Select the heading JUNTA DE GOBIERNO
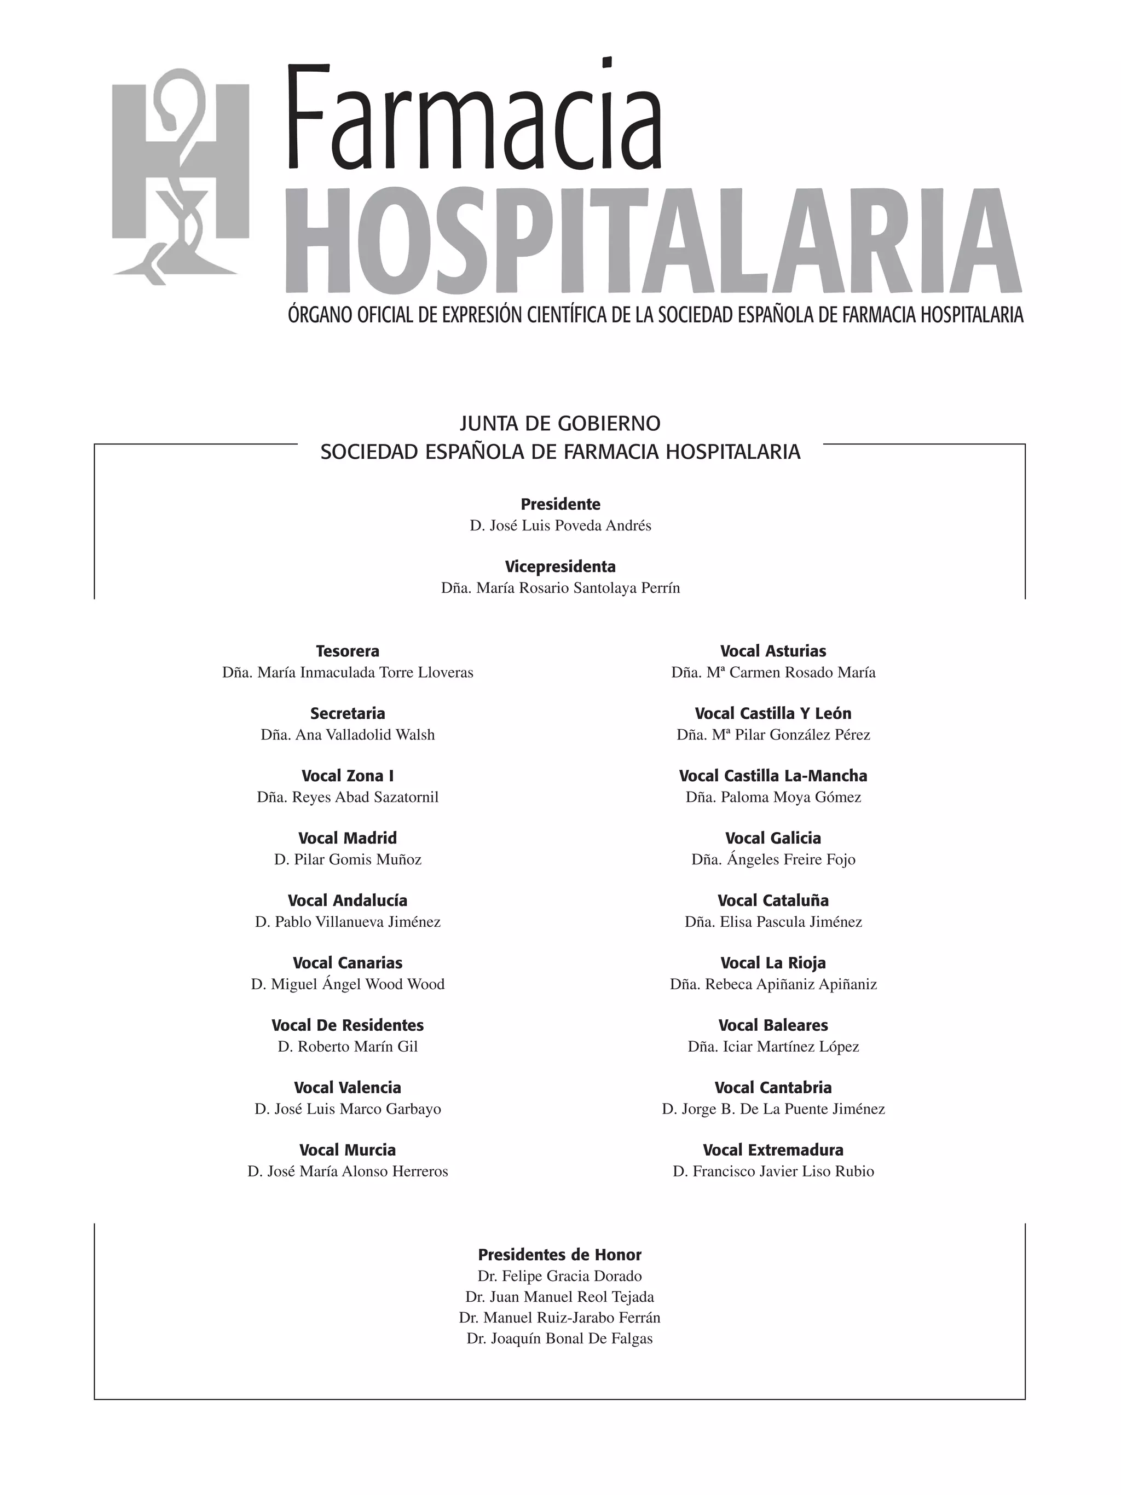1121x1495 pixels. click(x=559, y=424)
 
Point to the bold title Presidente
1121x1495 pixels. click(x=560, y=504)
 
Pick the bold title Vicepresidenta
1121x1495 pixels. click(x=560, y=567)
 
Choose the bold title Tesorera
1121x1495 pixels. click(x=348, y=651)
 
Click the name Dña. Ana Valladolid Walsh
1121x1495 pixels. click(x=348, y=735)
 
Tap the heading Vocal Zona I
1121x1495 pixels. click(x=348, y=776)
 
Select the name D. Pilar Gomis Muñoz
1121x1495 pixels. click(x=348, y=859)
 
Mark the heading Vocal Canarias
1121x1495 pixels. click(x=348, y=962)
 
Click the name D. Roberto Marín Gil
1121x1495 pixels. click(x=348, y=1046)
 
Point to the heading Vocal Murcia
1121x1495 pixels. click(x=348, y=1150)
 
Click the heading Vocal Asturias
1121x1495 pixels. click(x=773, y=651)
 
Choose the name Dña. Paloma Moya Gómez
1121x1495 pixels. click(x=773, y=797)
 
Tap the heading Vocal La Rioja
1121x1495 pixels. click(x=773, y=962)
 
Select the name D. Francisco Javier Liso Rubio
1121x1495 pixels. click(x=773, y=1171)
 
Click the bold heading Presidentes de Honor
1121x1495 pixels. click(x=559, y=1255)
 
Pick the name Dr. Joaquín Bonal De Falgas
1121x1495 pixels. click(x=559, y=1338)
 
